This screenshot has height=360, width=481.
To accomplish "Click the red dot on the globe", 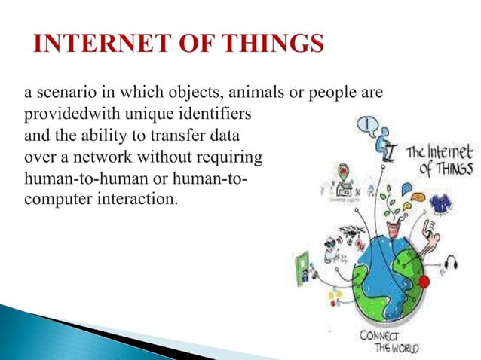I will tap(424, 282).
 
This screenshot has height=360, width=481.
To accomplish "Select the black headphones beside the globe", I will tap(451, 262).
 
